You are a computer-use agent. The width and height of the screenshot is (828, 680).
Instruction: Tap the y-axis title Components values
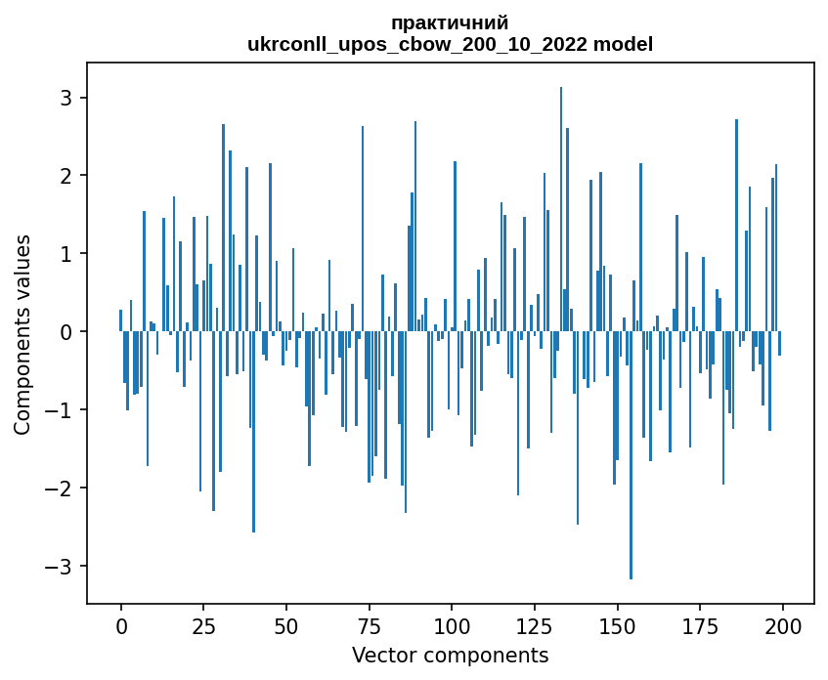point(22,334)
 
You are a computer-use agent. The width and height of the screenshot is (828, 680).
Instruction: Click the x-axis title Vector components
point(450,655)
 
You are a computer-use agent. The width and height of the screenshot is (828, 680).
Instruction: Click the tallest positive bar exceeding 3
point(561,210)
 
